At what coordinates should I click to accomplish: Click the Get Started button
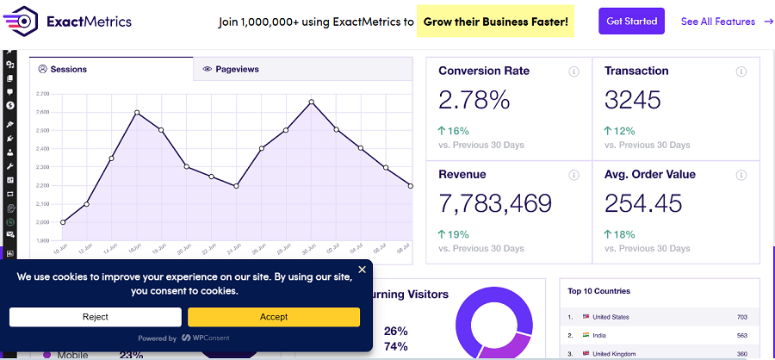tap(631, 22)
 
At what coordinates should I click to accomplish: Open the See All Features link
tap(726, 22)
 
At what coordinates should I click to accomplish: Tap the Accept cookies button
tap(274, 317)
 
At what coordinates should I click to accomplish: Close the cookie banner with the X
tap(362, 270)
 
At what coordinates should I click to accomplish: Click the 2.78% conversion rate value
tap(474, 100)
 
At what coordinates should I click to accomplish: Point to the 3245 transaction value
tap(633, 100)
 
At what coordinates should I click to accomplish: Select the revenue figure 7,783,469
tap(495, 203)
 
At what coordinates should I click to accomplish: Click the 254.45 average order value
tap(642, 203)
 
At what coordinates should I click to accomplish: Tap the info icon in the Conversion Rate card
tap(573, 71)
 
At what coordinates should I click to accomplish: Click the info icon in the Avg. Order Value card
tap(741, 175)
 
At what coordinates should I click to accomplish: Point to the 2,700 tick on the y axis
tap(43, 94)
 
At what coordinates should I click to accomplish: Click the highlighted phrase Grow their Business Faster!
tap(495, 22)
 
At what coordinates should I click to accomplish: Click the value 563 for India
tap(741, 336)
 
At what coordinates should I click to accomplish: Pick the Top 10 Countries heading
tap(598, 291)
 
